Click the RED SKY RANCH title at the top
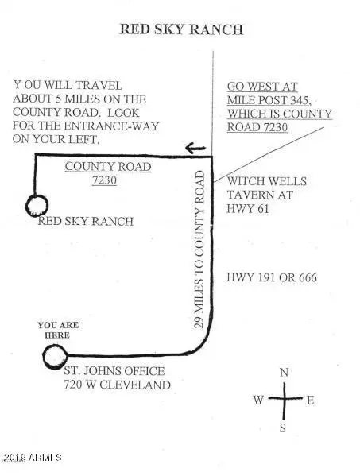coord(181,29)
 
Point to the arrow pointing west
coord(195,148)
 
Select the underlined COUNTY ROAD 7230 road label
coord(108,173)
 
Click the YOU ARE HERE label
coord(58,330)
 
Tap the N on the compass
coord(284,373)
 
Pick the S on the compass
coord(283,428)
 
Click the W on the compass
coord(258,400)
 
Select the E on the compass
coord(310,401)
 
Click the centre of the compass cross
coord(285,397)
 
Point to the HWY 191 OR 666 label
coord(272,277)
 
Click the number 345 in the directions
coord(299,100)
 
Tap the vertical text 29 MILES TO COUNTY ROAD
coord(199,250)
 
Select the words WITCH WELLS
coord(267,181)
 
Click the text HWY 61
coord(248,208)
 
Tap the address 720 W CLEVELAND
coord(117,385)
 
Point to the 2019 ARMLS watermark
coord(33,458)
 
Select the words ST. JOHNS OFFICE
coord(114,371)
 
